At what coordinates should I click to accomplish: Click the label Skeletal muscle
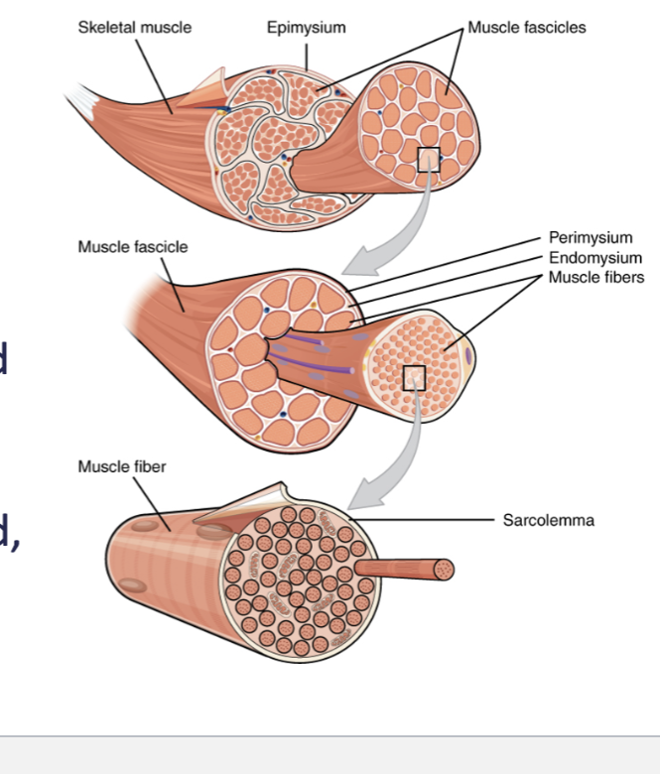[135, 28]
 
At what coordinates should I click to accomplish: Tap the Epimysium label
[306, 28]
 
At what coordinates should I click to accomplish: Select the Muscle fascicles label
[526, 28]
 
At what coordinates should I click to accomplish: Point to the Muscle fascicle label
[132, 246]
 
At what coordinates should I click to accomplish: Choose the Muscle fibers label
[595, 277]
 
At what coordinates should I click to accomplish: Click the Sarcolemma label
[548, 520]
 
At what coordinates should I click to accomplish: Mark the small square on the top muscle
[428, 160]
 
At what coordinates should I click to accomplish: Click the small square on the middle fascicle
[414, 377]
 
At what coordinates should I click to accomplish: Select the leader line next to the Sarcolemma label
[427, 519]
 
